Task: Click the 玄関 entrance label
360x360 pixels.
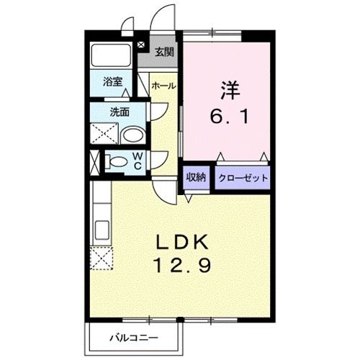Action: click(164, 52)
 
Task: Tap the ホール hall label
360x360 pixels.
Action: click(163, 86)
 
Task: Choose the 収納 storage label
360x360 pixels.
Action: click(197, 178)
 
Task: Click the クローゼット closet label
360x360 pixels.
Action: click(243, 178)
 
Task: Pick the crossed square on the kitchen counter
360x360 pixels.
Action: click(101, 257)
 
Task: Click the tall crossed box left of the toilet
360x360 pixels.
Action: click(94, 161)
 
